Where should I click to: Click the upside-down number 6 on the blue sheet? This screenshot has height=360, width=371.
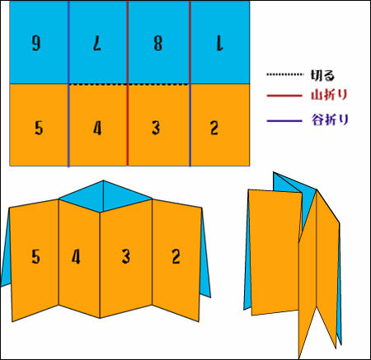[36, 44]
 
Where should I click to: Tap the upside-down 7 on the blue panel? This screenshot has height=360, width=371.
[97, 44]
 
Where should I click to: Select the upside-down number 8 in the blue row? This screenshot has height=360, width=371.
[158, 44]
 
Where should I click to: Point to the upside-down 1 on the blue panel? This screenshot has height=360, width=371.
[219, 44]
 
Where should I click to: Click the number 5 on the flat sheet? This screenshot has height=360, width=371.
[39, 128]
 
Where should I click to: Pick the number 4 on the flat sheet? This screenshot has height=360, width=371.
[97, 128]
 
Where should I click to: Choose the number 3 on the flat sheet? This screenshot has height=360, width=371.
[156, 128]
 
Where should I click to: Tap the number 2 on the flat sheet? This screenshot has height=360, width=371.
[214, 128]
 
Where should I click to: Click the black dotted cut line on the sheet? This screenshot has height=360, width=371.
[129, 84]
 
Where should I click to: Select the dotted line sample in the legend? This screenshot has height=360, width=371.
[284, 74]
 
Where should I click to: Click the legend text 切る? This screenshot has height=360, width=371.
[322, 75]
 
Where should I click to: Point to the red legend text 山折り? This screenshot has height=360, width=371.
[330, 95]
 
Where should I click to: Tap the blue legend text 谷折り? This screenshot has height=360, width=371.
[330, 119]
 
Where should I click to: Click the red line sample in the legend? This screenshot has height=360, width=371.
[284, 96]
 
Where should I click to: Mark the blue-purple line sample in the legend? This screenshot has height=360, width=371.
[284, 120]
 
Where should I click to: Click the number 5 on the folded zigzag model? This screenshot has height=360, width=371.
[35, 256]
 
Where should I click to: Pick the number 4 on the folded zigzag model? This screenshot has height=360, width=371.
[76, 257]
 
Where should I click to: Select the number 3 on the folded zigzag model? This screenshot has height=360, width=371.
[126, 256]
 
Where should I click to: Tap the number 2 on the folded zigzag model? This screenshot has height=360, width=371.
[176, 256]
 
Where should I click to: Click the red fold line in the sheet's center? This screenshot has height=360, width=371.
[128, 83]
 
